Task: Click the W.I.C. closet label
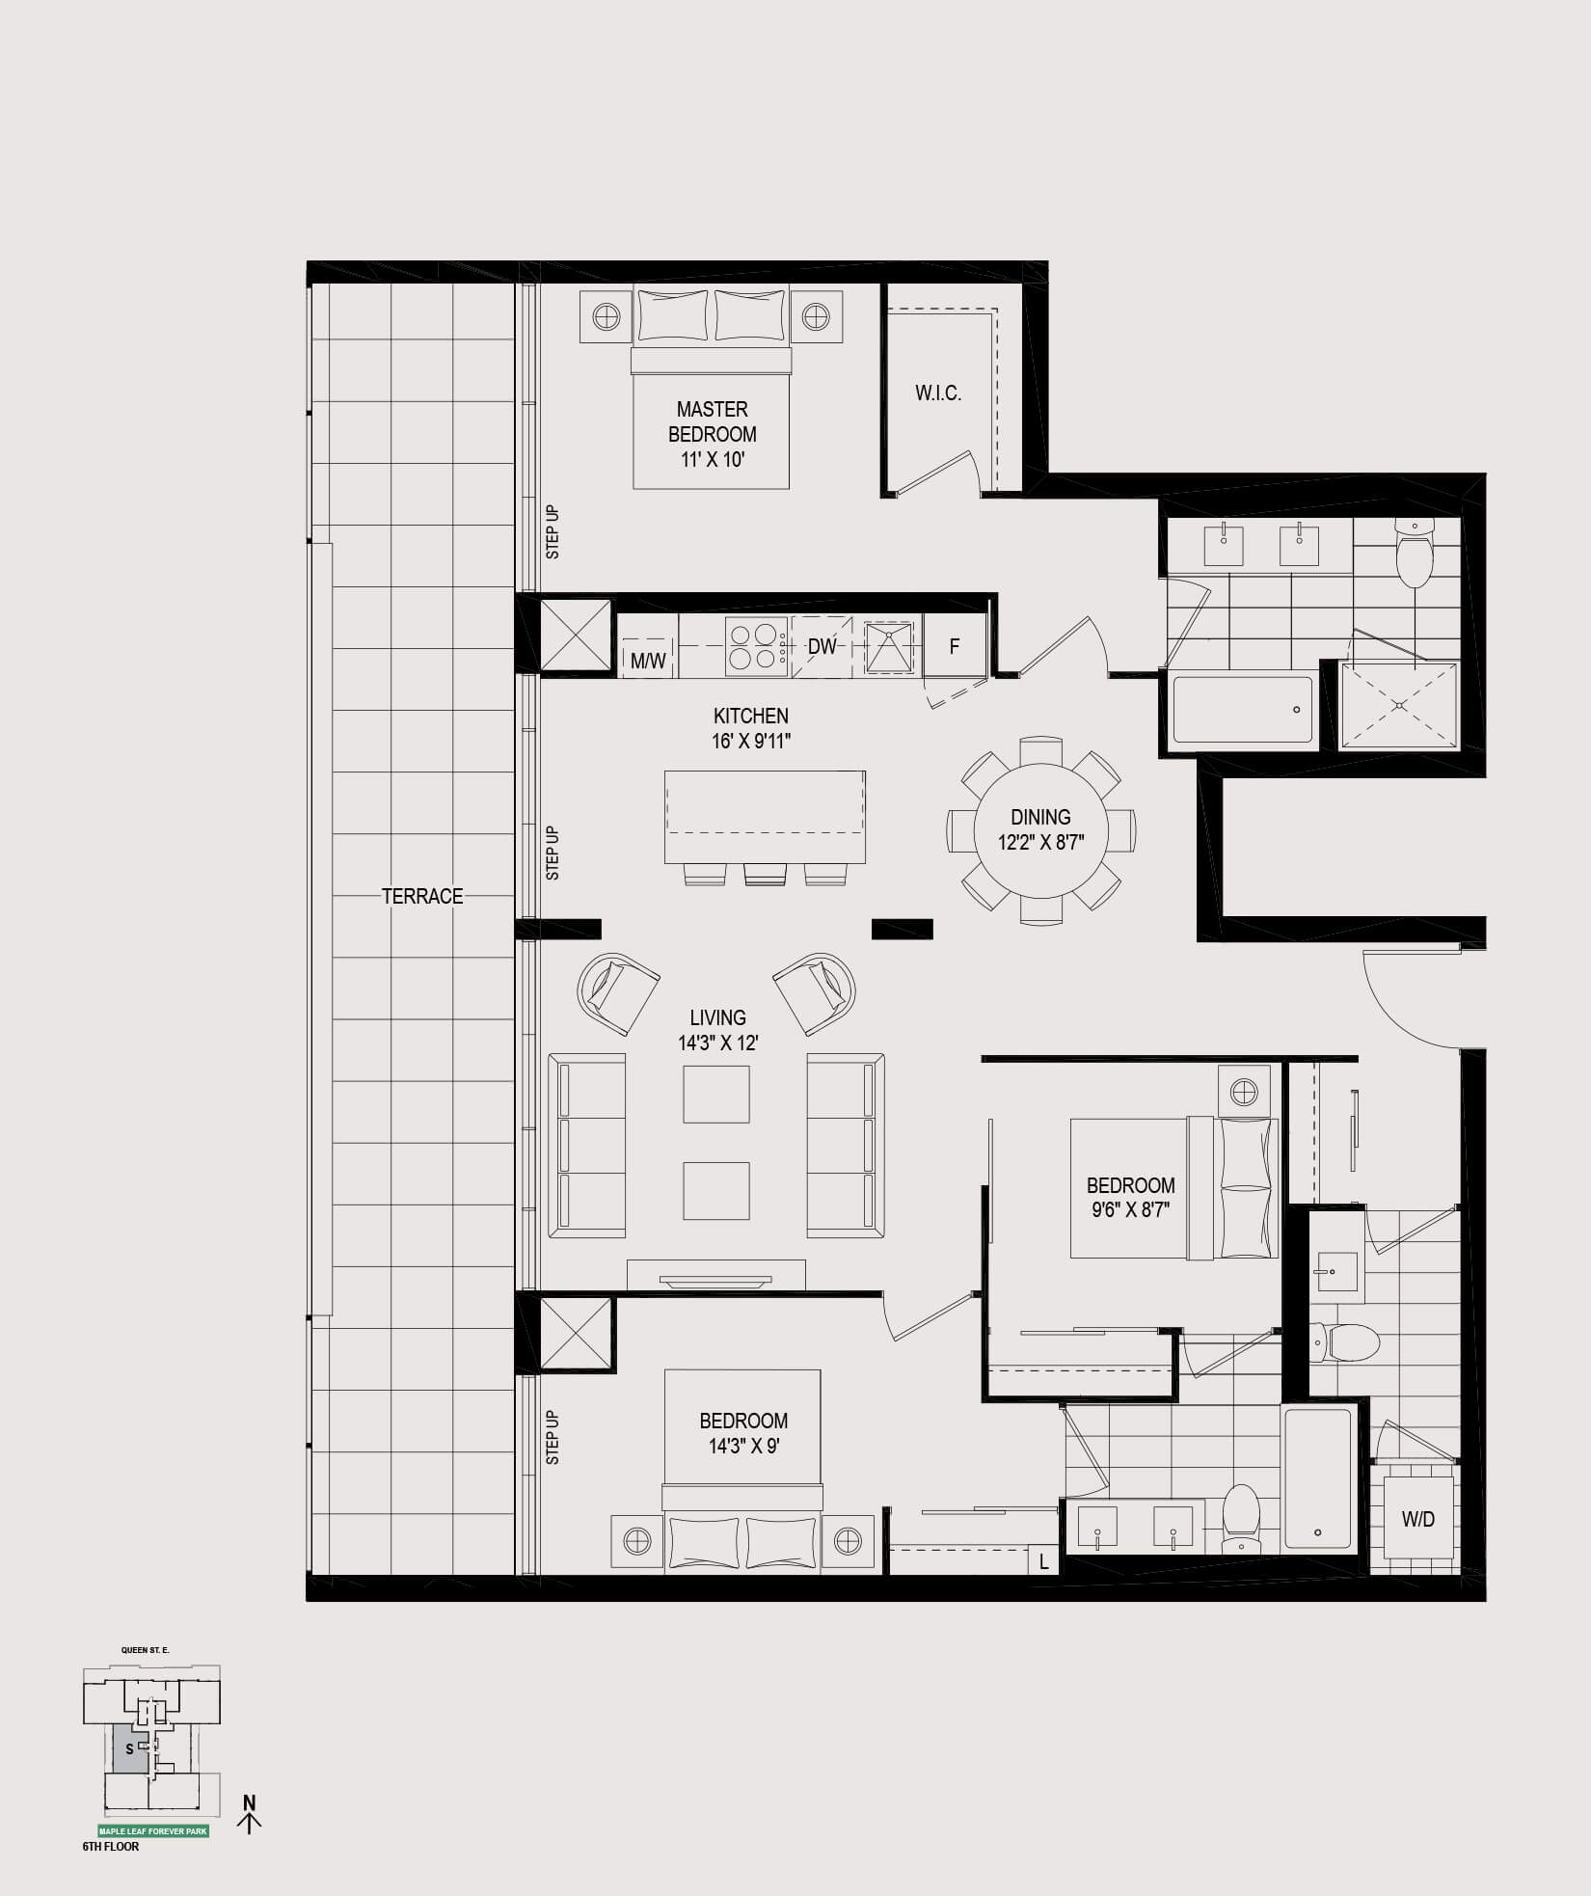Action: coord(938,393)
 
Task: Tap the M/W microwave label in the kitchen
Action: coord(648,662)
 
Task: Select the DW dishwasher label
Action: coord(822,646)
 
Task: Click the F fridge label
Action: coord(955,646)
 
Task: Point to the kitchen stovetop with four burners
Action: coord(753,646)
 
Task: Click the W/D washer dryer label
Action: coord(1418,1520)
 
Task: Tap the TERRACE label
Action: coord(422,896)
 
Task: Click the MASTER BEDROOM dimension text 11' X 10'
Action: coord(713,460)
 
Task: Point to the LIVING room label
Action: coord(717,1017)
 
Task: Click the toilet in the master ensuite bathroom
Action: coord(1415,553)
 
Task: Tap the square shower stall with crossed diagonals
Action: coord(1399,704)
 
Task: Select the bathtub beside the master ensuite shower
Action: coord(1242,709)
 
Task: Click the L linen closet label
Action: coord(1043,1562)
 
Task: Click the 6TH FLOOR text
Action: coord(111,1847)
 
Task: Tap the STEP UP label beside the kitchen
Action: coord(553,853)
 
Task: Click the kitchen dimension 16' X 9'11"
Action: coord(751,742)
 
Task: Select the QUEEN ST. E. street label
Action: coord(146,1650)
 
